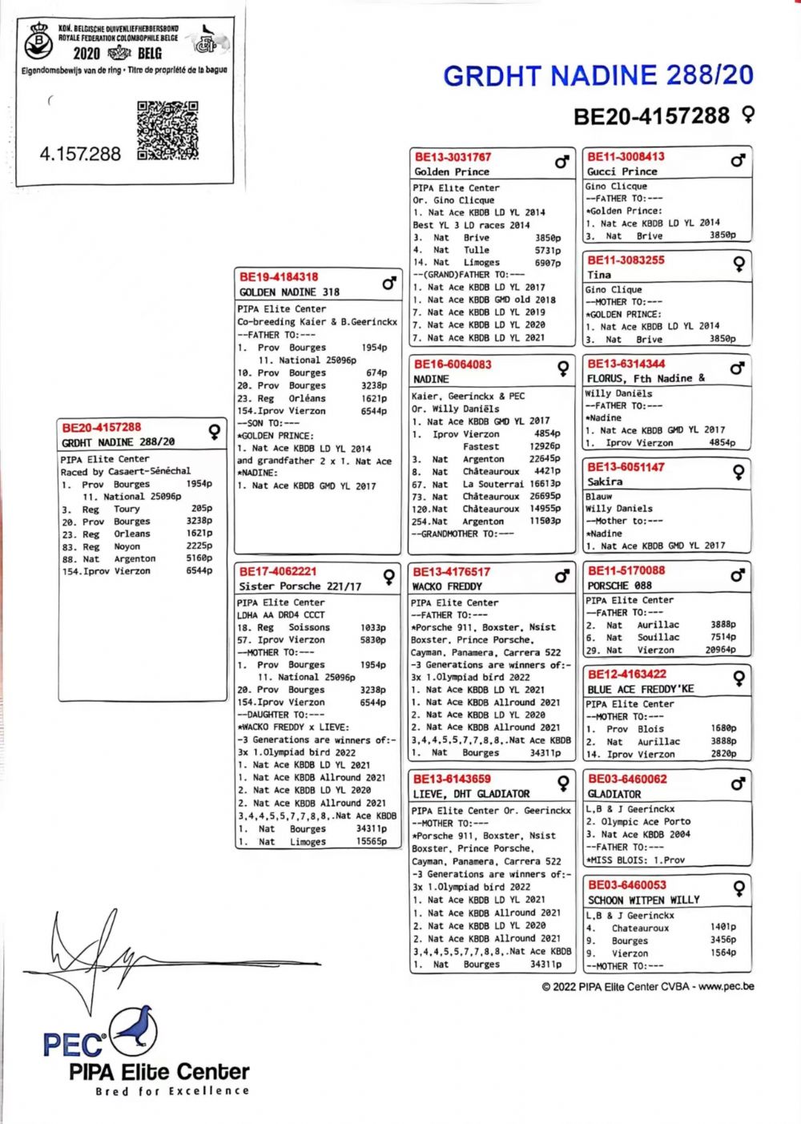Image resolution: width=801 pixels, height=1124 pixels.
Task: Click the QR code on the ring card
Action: pyautogui.click(x=167, y=131)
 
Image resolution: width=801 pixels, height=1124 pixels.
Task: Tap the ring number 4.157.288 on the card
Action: pyautogui.click(x=80, y=154)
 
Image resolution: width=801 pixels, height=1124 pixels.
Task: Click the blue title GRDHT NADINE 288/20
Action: pyautogui.click(x=598, y=76)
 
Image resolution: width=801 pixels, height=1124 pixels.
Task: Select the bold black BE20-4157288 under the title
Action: pyautogui.click(x=651, y=116)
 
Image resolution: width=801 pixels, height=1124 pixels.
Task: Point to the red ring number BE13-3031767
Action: pyautogui.click(x=453, y=157)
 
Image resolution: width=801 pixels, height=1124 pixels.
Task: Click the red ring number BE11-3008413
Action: pyautogui.click(x=626, y=157)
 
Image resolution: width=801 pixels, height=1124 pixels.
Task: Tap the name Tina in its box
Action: pyautogui.click(x=599, y=274)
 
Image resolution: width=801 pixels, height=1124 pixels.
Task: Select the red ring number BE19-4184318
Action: pyautogui.click(x=278, y=277)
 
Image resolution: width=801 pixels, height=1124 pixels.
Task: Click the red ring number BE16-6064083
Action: pyautogui.click(x=453, y=365)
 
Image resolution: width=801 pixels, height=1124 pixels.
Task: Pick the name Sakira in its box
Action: pyautogui.click(x=605, y=481)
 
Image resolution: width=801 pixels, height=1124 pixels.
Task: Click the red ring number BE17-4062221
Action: pyautogui.click(x=278, y=571)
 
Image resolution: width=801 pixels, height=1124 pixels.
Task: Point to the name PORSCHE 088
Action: pyautogui.click(x=619, y=586)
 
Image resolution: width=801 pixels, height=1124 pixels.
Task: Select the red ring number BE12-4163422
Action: pyautogui.click(x=626, y=675)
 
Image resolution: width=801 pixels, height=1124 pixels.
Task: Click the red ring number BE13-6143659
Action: pyautogui.click(x=452, y=779)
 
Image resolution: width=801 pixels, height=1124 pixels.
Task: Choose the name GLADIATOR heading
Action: pyautogui.click(x=614, y=794)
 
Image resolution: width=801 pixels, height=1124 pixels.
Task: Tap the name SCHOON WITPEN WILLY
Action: pyautogui.click(x=643, y=900)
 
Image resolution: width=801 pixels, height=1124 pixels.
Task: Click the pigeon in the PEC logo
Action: pyautogui.click(x=133, y=1029)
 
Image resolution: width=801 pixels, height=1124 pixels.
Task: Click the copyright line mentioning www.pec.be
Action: pyautogui.click(x=647, y=986)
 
